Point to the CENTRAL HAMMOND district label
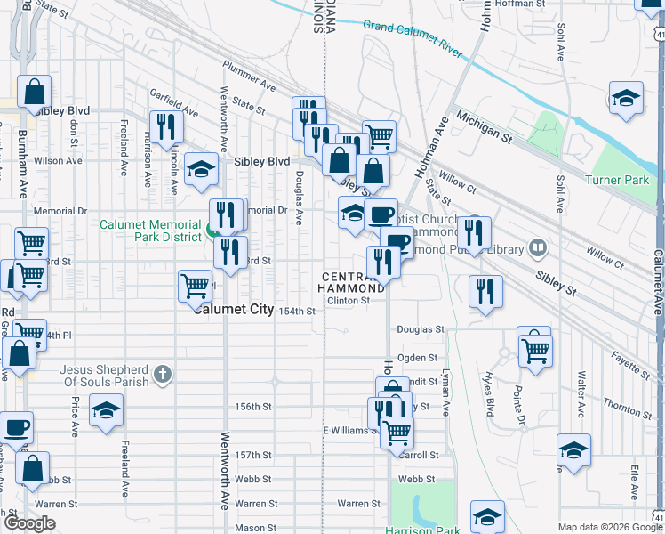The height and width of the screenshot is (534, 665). [x=353, y=284]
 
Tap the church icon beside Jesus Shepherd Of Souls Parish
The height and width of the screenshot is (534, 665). [x=162, y=375]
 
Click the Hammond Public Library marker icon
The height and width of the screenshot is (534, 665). [x=537, y=247]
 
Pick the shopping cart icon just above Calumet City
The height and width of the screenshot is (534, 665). [x=195, y=286]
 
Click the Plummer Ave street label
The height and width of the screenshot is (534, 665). [x=249, y=85]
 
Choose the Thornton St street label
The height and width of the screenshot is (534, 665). [x=628, y=408]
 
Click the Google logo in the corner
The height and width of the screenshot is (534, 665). [x=30, y=523]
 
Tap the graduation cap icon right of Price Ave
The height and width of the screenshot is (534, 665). [x=107, y=410]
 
